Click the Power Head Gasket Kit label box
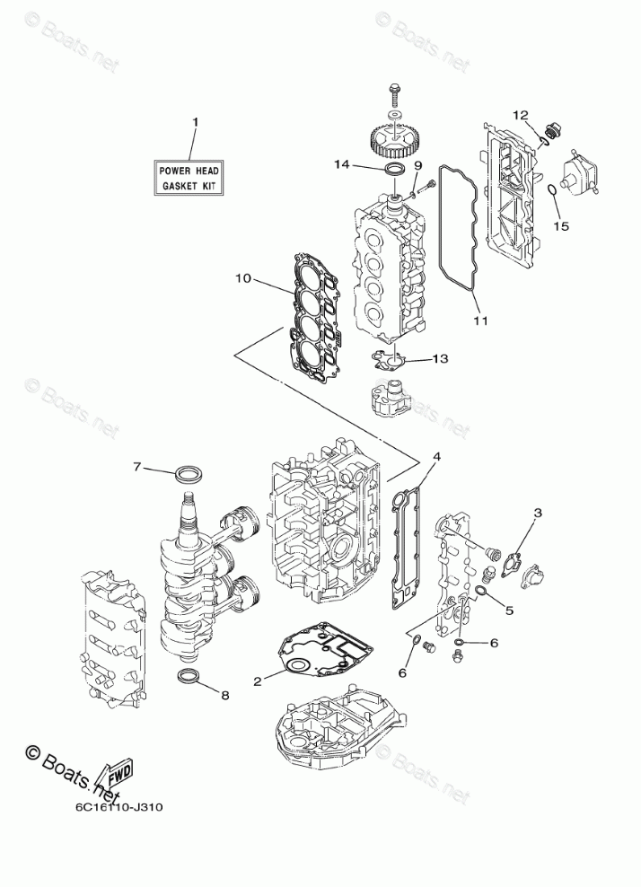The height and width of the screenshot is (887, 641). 189,178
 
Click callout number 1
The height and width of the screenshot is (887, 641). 195,121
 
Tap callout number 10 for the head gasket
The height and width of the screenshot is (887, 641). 243,279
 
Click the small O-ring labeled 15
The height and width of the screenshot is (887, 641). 556,189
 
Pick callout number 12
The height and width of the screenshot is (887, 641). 521,114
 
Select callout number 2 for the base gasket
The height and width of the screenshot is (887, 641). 258,682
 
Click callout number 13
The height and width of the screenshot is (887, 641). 439,359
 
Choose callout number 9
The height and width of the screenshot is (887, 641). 417,164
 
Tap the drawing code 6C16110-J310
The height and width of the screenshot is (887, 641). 112,805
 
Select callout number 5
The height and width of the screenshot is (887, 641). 508,611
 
